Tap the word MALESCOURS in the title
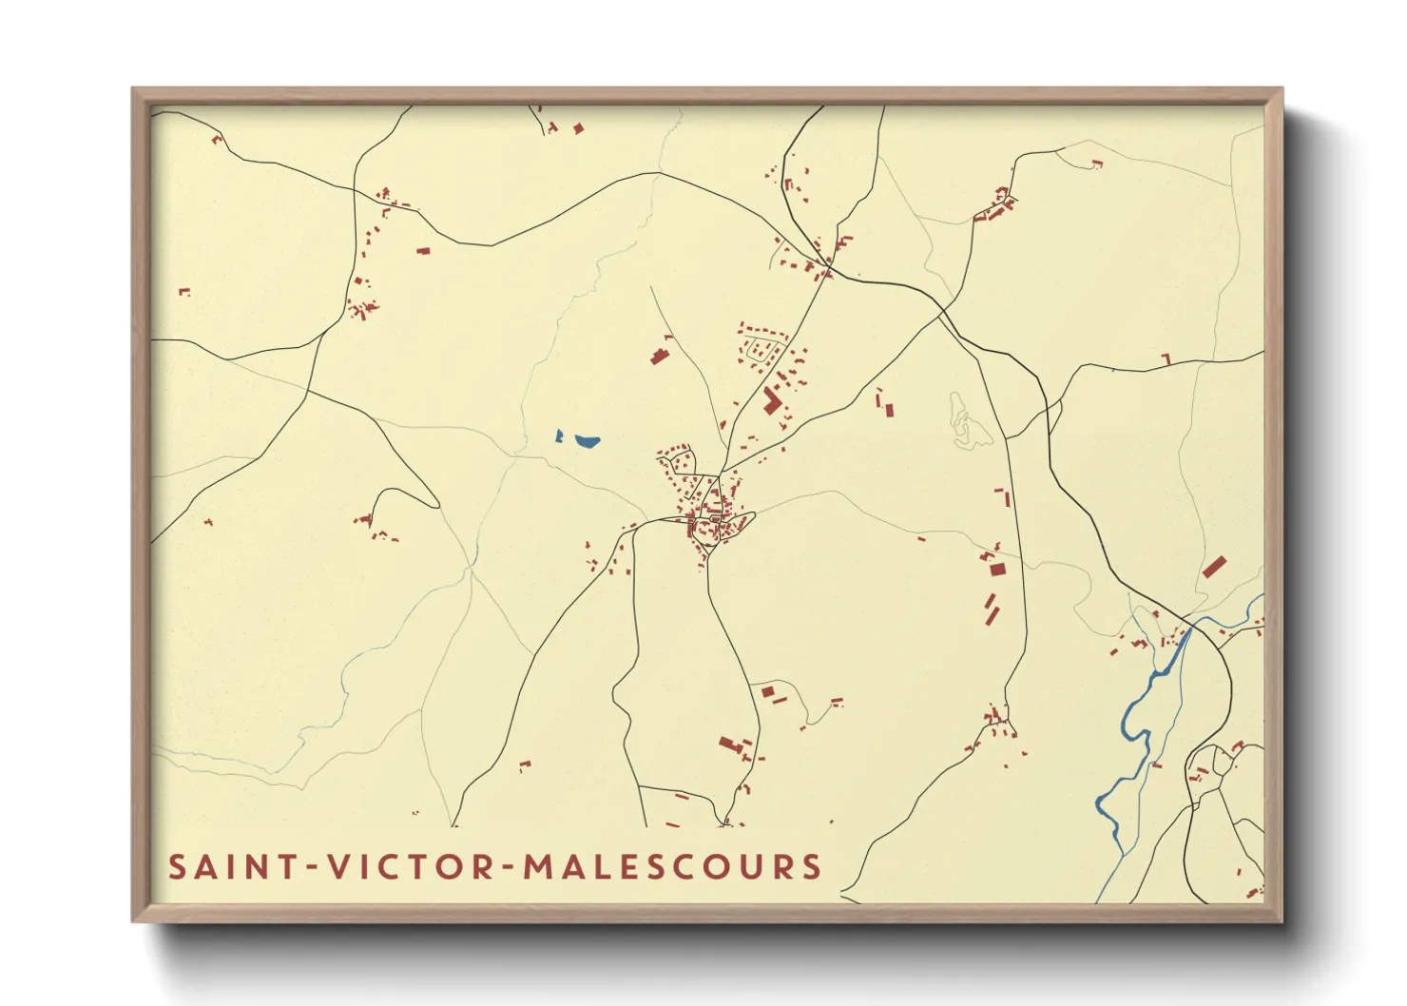coord(672,867)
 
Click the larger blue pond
coord(586,441)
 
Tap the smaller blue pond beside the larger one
coord(560,436)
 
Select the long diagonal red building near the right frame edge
coord(1213,568)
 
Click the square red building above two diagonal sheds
coord(997,569)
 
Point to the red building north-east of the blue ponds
coord(658,357)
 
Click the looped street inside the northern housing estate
coord(761,348)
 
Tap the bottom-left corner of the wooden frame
coord(134,919)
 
